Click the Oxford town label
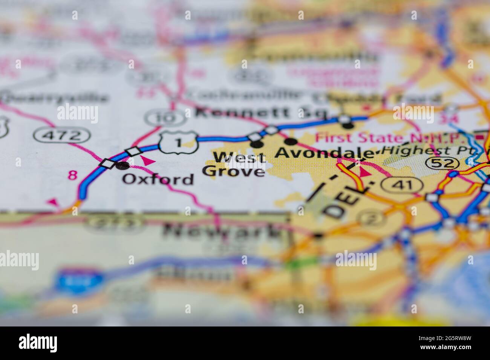click(x=158, y=179)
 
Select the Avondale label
click(x=325, y=153)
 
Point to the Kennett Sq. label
click(x=260, y=112)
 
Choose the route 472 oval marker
click(x=62, y=134)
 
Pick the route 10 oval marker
click(x=166, y=118)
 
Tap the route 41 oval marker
click(x=402, y=185)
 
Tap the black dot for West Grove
click(x=257, y=144)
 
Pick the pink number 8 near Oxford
click(x=72, y=175)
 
